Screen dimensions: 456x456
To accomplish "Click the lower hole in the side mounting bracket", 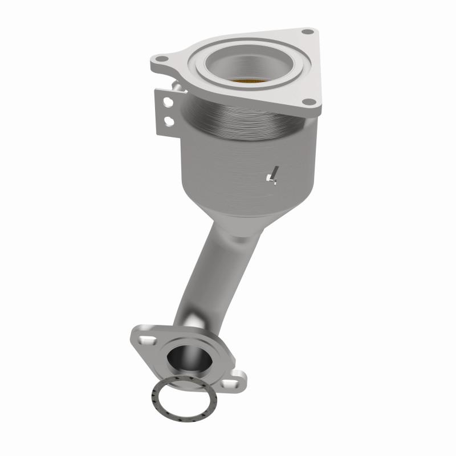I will point(169,120).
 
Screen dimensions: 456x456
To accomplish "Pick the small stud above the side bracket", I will point(177,85).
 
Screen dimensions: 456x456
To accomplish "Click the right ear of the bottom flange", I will point(237,379).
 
